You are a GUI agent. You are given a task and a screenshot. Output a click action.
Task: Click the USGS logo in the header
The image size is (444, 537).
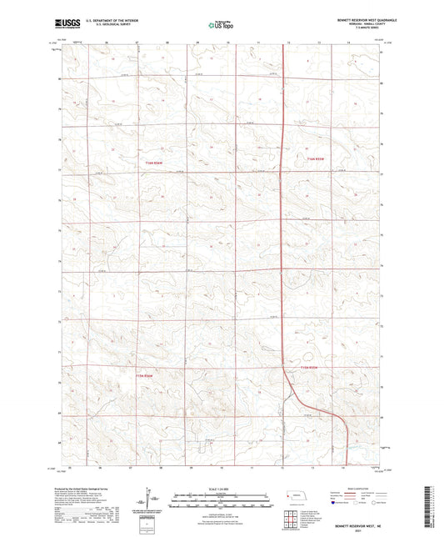pyautogui.click(x=63, y=25)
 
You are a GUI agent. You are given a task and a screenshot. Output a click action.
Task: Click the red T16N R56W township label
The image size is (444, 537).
pyautogui.click(x=151, y=163)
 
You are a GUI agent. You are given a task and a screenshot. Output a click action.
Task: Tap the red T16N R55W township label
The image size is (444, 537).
pyautogui.click(x=312, y=159)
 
